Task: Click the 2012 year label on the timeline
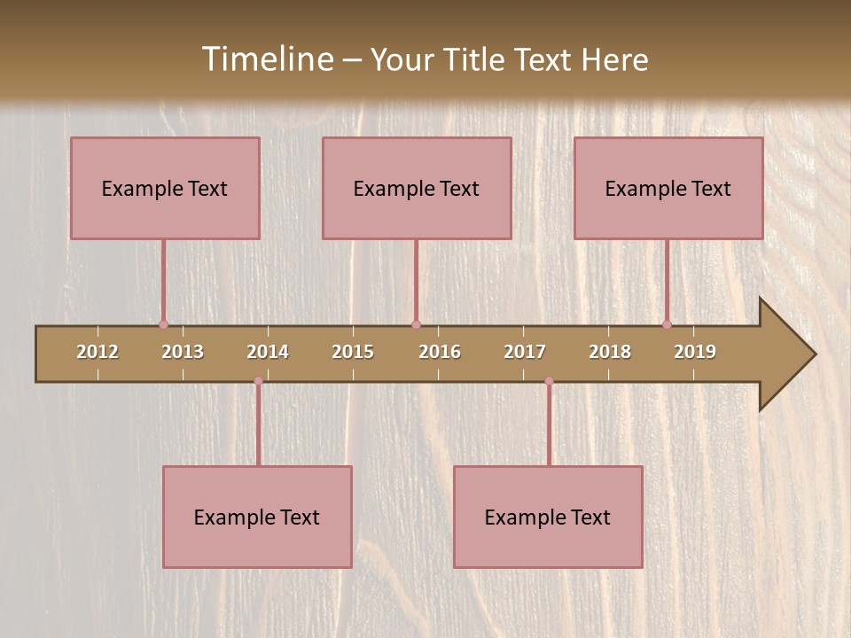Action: tap(98, 352)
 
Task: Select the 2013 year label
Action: tap(183, 352)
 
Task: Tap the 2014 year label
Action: tap(268, 352)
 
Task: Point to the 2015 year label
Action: tap(353, 352)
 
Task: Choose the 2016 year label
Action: tap(440, 352)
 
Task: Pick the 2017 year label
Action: tap(525, 352)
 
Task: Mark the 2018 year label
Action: tap(610, 352)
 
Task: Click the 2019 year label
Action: tap(695, 352)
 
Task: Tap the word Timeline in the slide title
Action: tap(266, 59)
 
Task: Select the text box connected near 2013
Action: tap(165, 188)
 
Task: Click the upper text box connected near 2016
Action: tap(417, 188)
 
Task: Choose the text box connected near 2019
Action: tap(668, 188)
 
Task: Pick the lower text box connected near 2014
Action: tap(257, 517)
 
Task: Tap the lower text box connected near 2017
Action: tap(548, 517)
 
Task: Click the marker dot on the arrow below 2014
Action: tap(258, 381)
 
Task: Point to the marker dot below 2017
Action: tap(549, 381)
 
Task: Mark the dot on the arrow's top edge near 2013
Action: tap(163, 324)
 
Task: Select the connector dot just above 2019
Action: tap(667, 324)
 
